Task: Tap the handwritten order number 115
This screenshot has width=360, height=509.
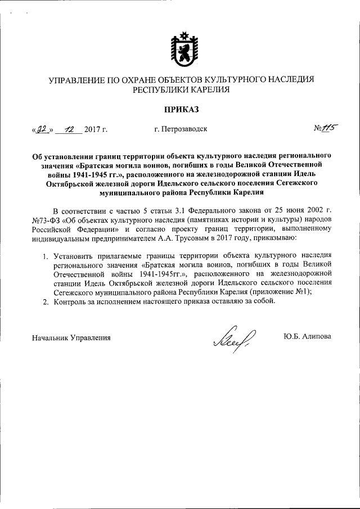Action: [325, 128]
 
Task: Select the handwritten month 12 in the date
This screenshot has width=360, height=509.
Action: [69, 129]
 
